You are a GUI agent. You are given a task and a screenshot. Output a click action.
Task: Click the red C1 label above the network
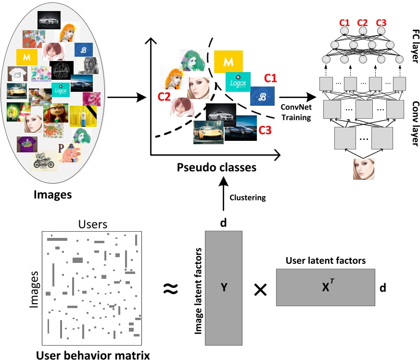click(344, 23)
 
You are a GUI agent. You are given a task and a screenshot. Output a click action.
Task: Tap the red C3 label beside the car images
click(265, 130)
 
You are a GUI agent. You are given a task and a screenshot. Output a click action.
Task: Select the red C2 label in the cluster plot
click(164, 97)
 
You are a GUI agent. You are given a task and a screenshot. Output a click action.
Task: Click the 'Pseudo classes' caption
click(216, 168)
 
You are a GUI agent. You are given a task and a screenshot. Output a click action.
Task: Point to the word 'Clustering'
click(247, 198)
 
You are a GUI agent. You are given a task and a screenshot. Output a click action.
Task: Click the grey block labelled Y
click(224, 288)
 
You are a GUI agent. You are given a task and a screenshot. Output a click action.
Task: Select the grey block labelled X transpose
click(325, 287)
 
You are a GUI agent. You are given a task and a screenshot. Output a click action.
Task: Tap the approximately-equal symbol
click(171, 288)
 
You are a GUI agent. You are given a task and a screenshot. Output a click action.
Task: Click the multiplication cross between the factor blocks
click(260, 289)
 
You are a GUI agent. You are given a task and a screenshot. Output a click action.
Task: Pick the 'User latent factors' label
click(325, 261)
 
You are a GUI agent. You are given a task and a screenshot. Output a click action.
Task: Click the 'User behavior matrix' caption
click(93, 355)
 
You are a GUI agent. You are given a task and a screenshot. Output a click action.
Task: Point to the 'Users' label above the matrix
click(93, 224)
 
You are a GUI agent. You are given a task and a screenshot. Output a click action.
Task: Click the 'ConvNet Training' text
click(296, 112)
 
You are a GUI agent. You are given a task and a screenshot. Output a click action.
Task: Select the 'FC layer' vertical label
click(415, 46)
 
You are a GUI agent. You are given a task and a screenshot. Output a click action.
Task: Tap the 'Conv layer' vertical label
click(415, 124)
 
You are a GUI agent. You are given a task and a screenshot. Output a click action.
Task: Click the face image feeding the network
click(364, 169)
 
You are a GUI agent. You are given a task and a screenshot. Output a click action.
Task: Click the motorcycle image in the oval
click(43, 161)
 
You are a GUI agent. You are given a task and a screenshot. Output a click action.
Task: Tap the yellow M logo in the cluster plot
click(228, 62)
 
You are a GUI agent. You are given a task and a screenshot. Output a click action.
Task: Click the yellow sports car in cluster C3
click(208, 132)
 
